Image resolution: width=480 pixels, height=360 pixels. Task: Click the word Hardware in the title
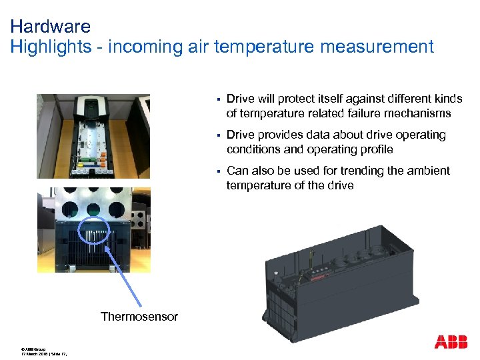point(51,27)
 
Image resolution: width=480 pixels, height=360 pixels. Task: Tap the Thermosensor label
point(139,317)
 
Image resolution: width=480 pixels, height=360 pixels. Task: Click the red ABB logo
point(451,342)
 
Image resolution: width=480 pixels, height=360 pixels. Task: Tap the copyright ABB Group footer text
point(33,349)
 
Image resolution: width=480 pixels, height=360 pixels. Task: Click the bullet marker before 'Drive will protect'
point(217,99)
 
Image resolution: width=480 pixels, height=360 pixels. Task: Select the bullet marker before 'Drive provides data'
point(217,135)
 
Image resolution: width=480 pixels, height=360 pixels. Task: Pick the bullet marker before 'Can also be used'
point(217,171)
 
